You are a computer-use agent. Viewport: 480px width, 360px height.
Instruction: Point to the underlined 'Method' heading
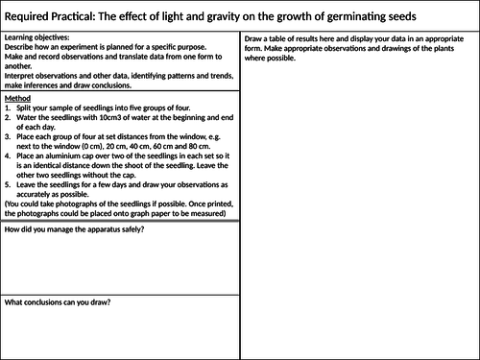18,98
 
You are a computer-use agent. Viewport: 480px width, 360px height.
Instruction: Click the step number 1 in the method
8,108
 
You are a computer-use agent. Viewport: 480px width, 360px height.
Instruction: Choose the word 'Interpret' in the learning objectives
21,70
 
